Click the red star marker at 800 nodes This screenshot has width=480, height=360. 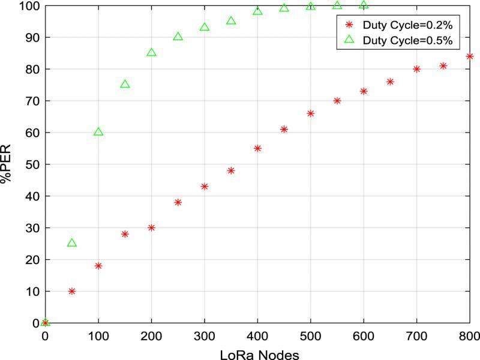pyautogui.click(x=470, y=56)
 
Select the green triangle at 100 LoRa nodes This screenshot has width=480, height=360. pyautogui.click(x=98, y=132)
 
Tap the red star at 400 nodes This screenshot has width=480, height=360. pyautogui.click(x=257, y=148)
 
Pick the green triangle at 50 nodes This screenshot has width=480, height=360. pyautogui.click(x=72, y=243)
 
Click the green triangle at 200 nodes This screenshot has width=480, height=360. pyautogui.click(x=151, y=53)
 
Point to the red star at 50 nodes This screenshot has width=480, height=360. pyautogui.click(x=72, y=291)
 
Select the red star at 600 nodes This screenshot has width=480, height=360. pyautogui.click(x=364, y=91)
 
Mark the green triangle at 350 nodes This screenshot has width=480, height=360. pyautogui.click(x=231, y=21)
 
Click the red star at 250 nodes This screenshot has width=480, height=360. pyautogui.click(x=178, y=202)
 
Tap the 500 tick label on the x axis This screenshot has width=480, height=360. pyautogui.click(x=310, y=336)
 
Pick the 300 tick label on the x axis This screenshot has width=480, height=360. pyautogui.click(x=204, y=336)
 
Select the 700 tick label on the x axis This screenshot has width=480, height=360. pyautogui.click(x=416, y=336)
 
